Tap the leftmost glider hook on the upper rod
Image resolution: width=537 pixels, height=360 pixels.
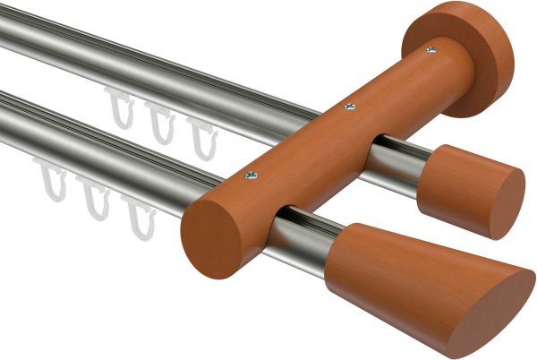[119, 107]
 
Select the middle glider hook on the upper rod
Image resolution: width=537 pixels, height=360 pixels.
[160, 122]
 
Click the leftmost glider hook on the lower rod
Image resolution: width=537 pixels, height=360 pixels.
[51, 178]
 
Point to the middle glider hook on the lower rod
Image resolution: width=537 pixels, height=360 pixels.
[94, 197]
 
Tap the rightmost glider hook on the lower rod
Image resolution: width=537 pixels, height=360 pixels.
[139, 215]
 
